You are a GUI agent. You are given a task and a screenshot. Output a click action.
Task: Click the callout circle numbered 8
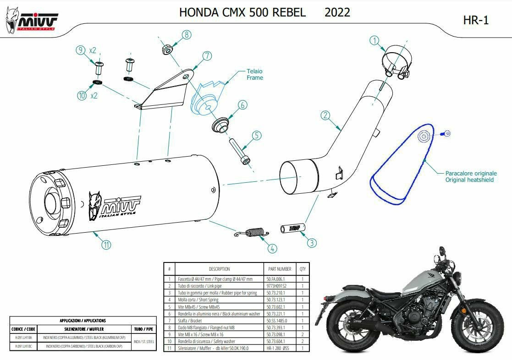[x=187, y=34]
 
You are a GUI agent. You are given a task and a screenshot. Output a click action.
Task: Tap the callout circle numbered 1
[x=375, y=40]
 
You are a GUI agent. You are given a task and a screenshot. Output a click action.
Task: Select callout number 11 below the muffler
[x=106, y=245]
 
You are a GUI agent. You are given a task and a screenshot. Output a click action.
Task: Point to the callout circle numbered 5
[x=256, y=135]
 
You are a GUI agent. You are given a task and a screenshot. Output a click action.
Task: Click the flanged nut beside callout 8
[x=167, y=48]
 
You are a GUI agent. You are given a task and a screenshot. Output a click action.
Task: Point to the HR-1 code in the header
[x=476, y=20]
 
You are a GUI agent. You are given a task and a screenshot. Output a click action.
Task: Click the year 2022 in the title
[x=337, y=12]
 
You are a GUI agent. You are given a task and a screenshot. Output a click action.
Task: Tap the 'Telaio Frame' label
[x=255, y=75]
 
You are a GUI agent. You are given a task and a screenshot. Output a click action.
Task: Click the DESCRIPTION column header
[x=219, y=269]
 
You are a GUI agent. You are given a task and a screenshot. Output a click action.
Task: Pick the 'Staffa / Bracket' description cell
[x=195, y=321]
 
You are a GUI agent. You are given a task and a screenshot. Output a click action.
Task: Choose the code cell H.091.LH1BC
[x=23, y=347]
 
